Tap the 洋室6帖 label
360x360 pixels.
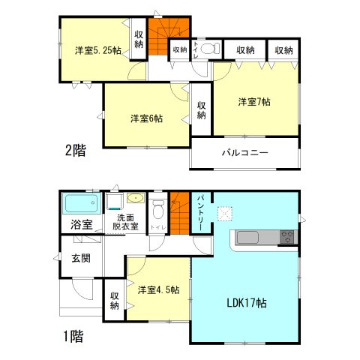tap(147, 118)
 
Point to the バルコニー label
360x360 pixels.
tap(244, 153)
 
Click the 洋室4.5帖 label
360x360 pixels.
tap(157, 289)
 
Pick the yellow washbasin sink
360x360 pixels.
tap(135, 199)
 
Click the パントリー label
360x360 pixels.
tap(202, 213)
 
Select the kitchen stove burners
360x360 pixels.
tap(287, 238)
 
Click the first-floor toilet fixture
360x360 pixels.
tap(158, 208)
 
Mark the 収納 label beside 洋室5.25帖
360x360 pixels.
tap(139, 40)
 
